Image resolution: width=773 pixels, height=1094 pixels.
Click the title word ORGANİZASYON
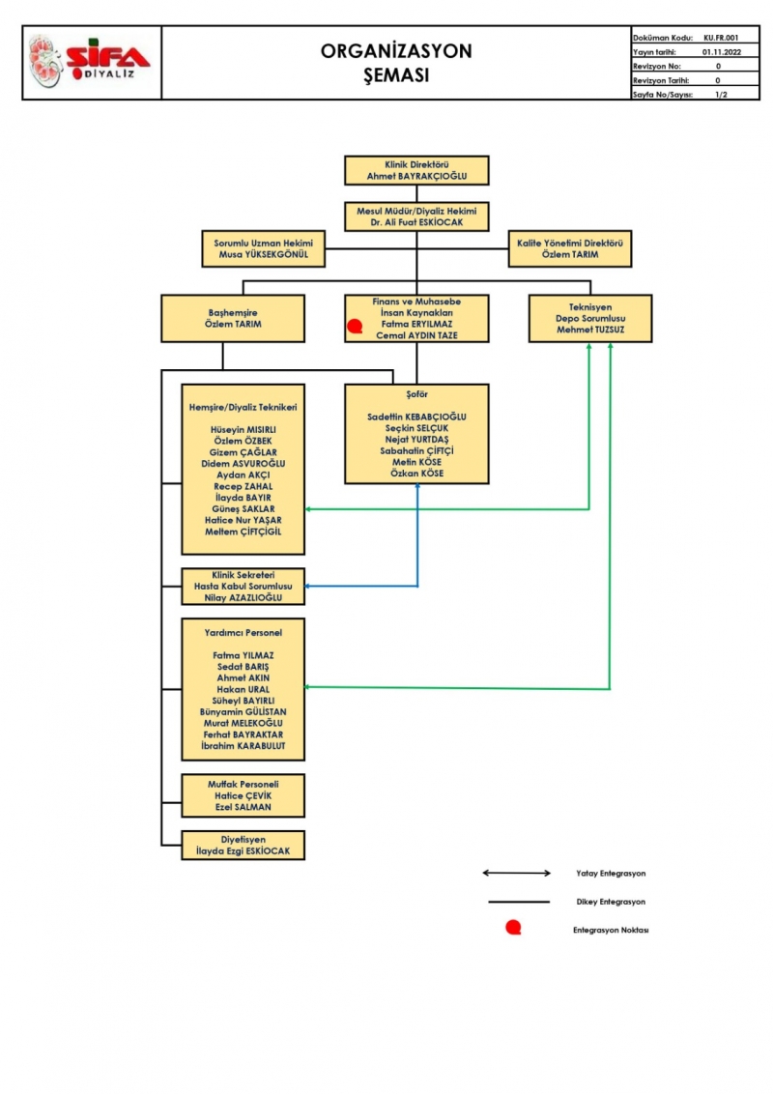click(396, 52)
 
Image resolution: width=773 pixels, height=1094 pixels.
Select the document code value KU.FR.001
click(721, 37)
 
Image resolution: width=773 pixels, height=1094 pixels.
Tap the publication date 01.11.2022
click(721, 51)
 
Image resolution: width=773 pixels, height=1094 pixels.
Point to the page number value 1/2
click(721, 95)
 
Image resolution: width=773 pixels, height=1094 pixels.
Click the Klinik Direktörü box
click(416, 170)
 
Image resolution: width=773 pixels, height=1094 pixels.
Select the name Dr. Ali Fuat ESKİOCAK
click(416, 222)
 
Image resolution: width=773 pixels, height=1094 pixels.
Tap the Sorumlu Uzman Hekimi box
click(263, 248)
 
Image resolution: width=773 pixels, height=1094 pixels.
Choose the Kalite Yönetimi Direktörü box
click(569, 248)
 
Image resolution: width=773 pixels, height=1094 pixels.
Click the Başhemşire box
click(234, 318)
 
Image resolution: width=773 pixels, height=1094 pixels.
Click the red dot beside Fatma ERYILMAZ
click(355, 327)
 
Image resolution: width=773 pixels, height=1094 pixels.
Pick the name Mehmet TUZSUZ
click(589, 330)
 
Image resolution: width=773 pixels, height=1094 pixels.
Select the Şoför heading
click(416, 394)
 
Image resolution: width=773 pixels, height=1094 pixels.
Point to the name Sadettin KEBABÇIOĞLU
click(416, 416)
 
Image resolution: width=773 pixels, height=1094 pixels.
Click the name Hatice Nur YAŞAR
click(243, 520)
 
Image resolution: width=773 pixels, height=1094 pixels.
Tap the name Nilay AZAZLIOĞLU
click(243, 598)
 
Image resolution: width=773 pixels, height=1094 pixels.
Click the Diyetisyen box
click(243, 846)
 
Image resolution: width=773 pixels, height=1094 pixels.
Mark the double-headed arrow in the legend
click(516, 873)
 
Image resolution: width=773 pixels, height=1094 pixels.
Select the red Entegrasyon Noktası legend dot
click(513, 929)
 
